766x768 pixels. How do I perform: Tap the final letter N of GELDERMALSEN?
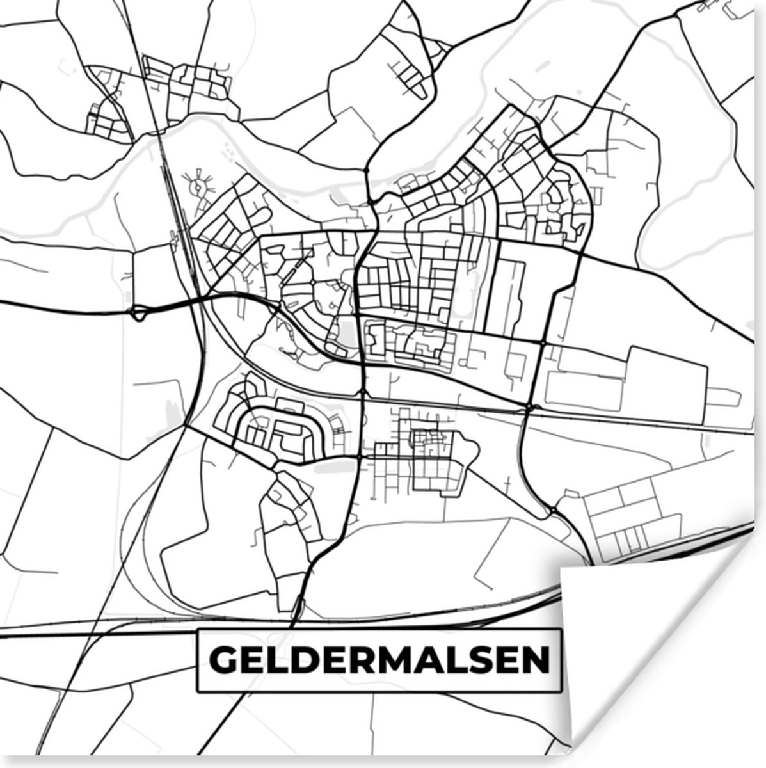pyautogui.click(x=536, y=660)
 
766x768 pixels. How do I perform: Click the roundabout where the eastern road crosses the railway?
pyautogui.click(x=531, y=407)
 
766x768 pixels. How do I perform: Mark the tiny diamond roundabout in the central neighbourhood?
pyautogui.click(x=311, y=282)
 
